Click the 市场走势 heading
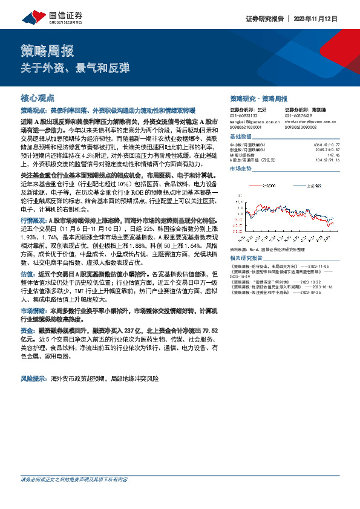point(241,169)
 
